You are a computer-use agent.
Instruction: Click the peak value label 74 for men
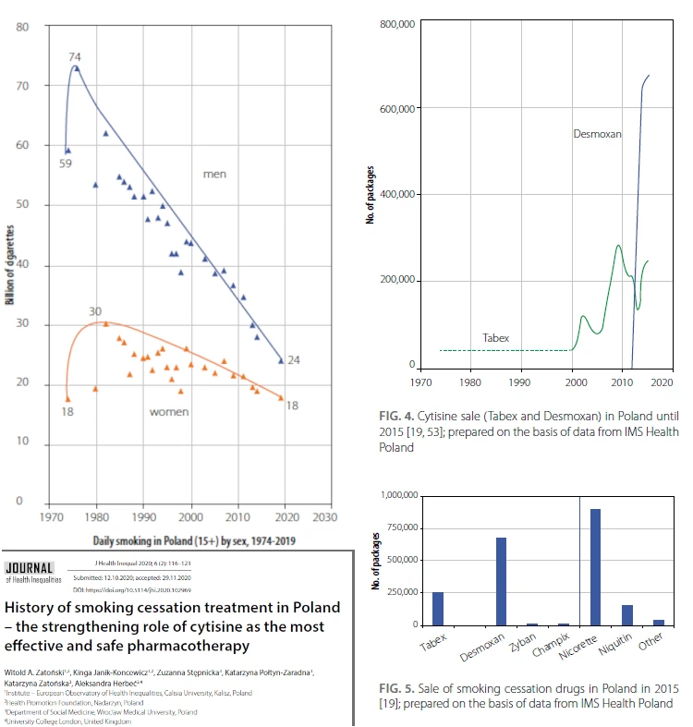tap(75, 57)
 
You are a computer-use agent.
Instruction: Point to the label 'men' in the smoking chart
tap(214, 174)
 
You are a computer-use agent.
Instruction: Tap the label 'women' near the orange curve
tap(169, 411)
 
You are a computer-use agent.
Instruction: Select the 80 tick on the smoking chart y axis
tap(23, 26)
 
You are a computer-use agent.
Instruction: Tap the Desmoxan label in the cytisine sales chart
tap(597, 134)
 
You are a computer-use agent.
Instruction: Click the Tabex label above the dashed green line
tap(496, 338)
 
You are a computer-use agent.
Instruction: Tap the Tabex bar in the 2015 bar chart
tap(438, 608)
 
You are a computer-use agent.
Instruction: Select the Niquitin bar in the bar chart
tap(627, 614)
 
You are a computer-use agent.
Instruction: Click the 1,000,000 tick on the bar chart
tap(395, 496)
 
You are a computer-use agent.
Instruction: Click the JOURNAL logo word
tap(30, 566)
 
